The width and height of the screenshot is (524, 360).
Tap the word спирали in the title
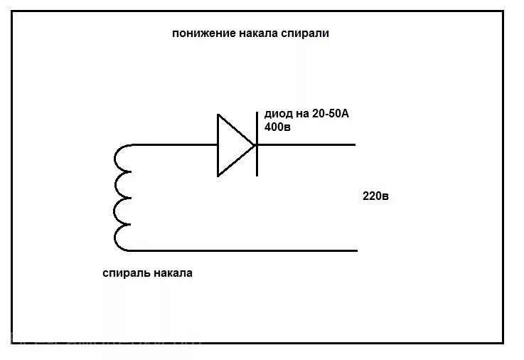tap(306, 33)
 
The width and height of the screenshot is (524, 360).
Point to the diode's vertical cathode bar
tap(256, 146)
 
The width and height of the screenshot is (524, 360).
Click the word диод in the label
tap(278, 114)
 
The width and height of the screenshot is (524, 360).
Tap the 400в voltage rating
tap(277, 127)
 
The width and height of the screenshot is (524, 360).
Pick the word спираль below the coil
tap(125, 272)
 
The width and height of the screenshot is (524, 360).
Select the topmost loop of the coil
tap(122, 159)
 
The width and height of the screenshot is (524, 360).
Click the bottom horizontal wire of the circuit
tap(242, 250)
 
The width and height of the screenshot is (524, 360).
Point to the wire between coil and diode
tap(174, 145)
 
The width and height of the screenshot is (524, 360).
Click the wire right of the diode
tap(306, 145)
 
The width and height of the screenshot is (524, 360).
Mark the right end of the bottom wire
tap(355, 250)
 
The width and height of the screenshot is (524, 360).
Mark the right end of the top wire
tap(353, 145)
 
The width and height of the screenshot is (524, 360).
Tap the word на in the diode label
tap(302, 114)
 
